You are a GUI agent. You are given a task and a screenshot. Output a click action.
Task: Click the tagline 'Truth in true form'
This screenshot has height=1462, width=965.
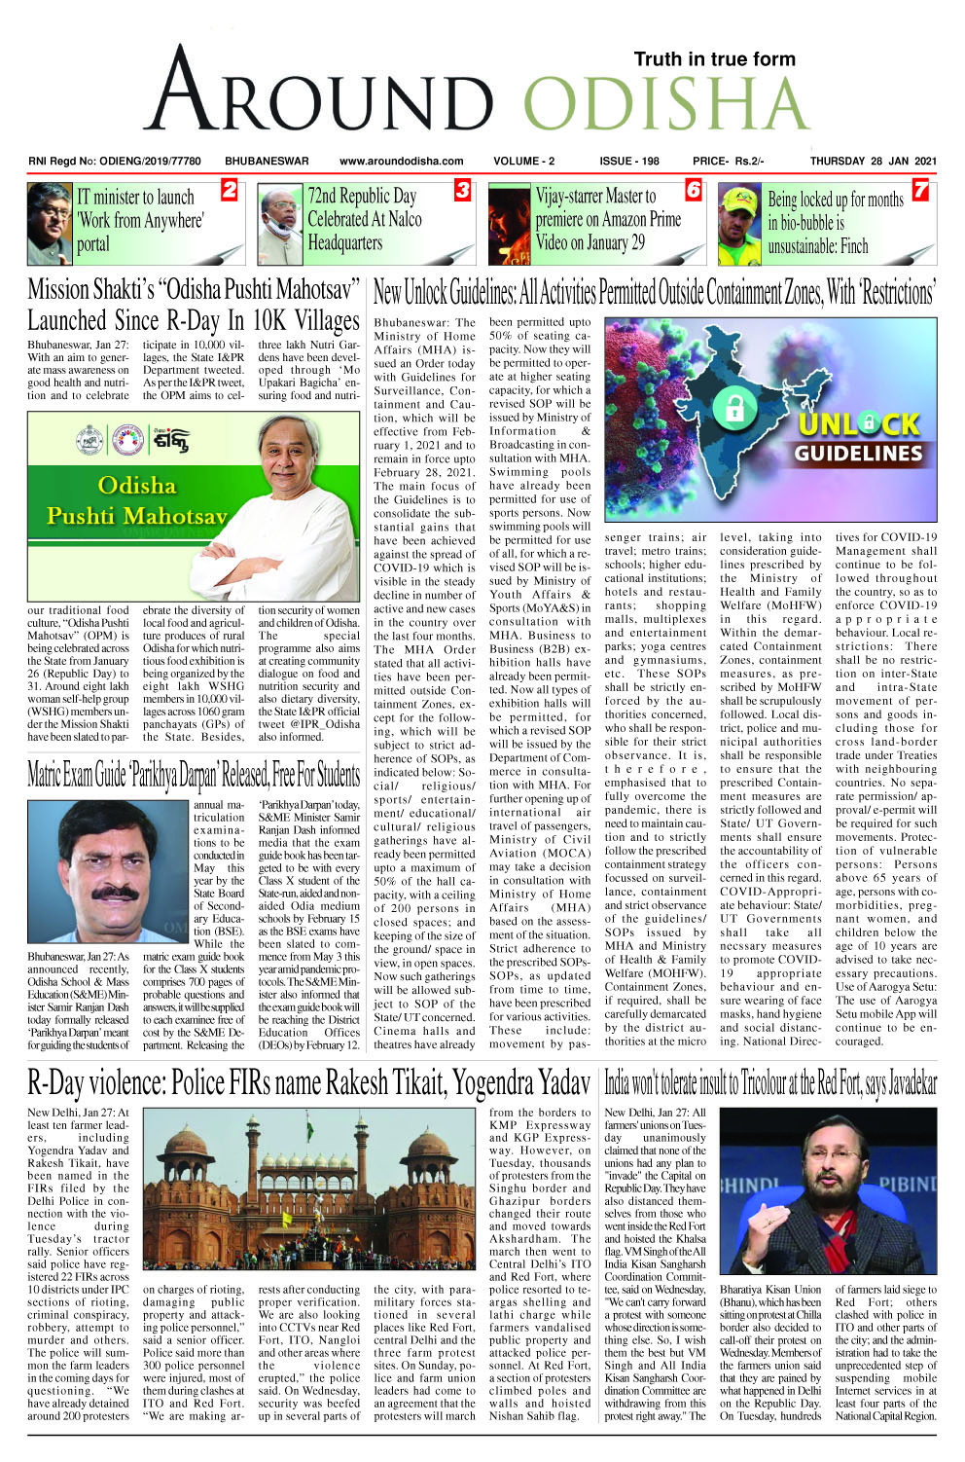[x=714, y=59]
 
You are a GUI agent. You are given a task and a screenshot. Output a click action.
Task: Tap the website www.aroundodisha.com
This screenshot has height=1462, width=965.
[x=401, y=162]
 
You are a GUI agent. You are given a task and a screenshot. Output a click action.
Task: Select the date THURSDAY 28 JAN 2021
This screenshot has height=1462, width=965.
[x=873, y=162]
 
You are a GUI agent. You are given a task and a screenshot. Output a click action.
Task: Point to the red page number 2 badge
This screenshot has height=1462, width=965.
[x=229, y=191]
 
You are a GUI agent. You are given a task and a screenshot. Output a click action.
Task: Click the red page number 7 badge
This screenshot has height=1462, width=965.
[x=919, y=191]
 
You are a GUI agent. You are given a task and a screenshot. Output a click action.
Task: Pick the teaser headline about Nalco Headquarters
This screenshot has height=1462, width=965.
[x=365, y=220]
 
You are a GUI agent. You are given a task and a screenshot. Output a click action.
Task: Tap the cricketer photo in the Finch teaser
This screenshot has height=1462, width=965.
[x=738, y=224]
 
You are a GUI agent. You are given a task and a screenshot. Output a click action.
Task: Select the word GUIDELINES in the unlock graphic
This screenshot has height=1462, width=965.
[x=858, y=454]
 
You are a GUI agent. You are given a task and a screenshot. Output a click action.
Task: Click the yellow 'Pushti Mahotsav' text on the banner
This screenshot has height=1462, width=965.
[x=136, y=516]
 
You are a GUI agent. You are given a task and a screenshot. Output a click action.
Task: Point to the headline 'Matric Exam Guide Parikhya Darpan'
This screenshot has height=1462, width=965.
[x=194, y=776]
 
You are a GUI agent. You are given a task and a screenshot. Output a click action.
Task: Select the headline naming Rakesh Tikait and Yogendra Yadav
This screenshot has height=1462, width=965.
[x=308, y=1082]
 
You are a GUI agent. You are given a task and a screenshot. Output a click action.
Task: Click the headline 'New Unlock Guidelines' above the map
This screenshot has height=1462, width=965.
[x=654, y=292]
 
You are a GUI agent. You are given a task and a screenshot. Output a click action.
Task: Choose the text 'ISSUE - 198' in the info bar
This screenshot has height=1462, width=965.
[x=628, y=162]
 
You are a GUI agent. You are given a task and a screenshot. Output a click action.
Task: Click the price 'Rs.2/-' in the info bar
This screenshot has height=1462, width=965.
[x=748, y=162]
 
